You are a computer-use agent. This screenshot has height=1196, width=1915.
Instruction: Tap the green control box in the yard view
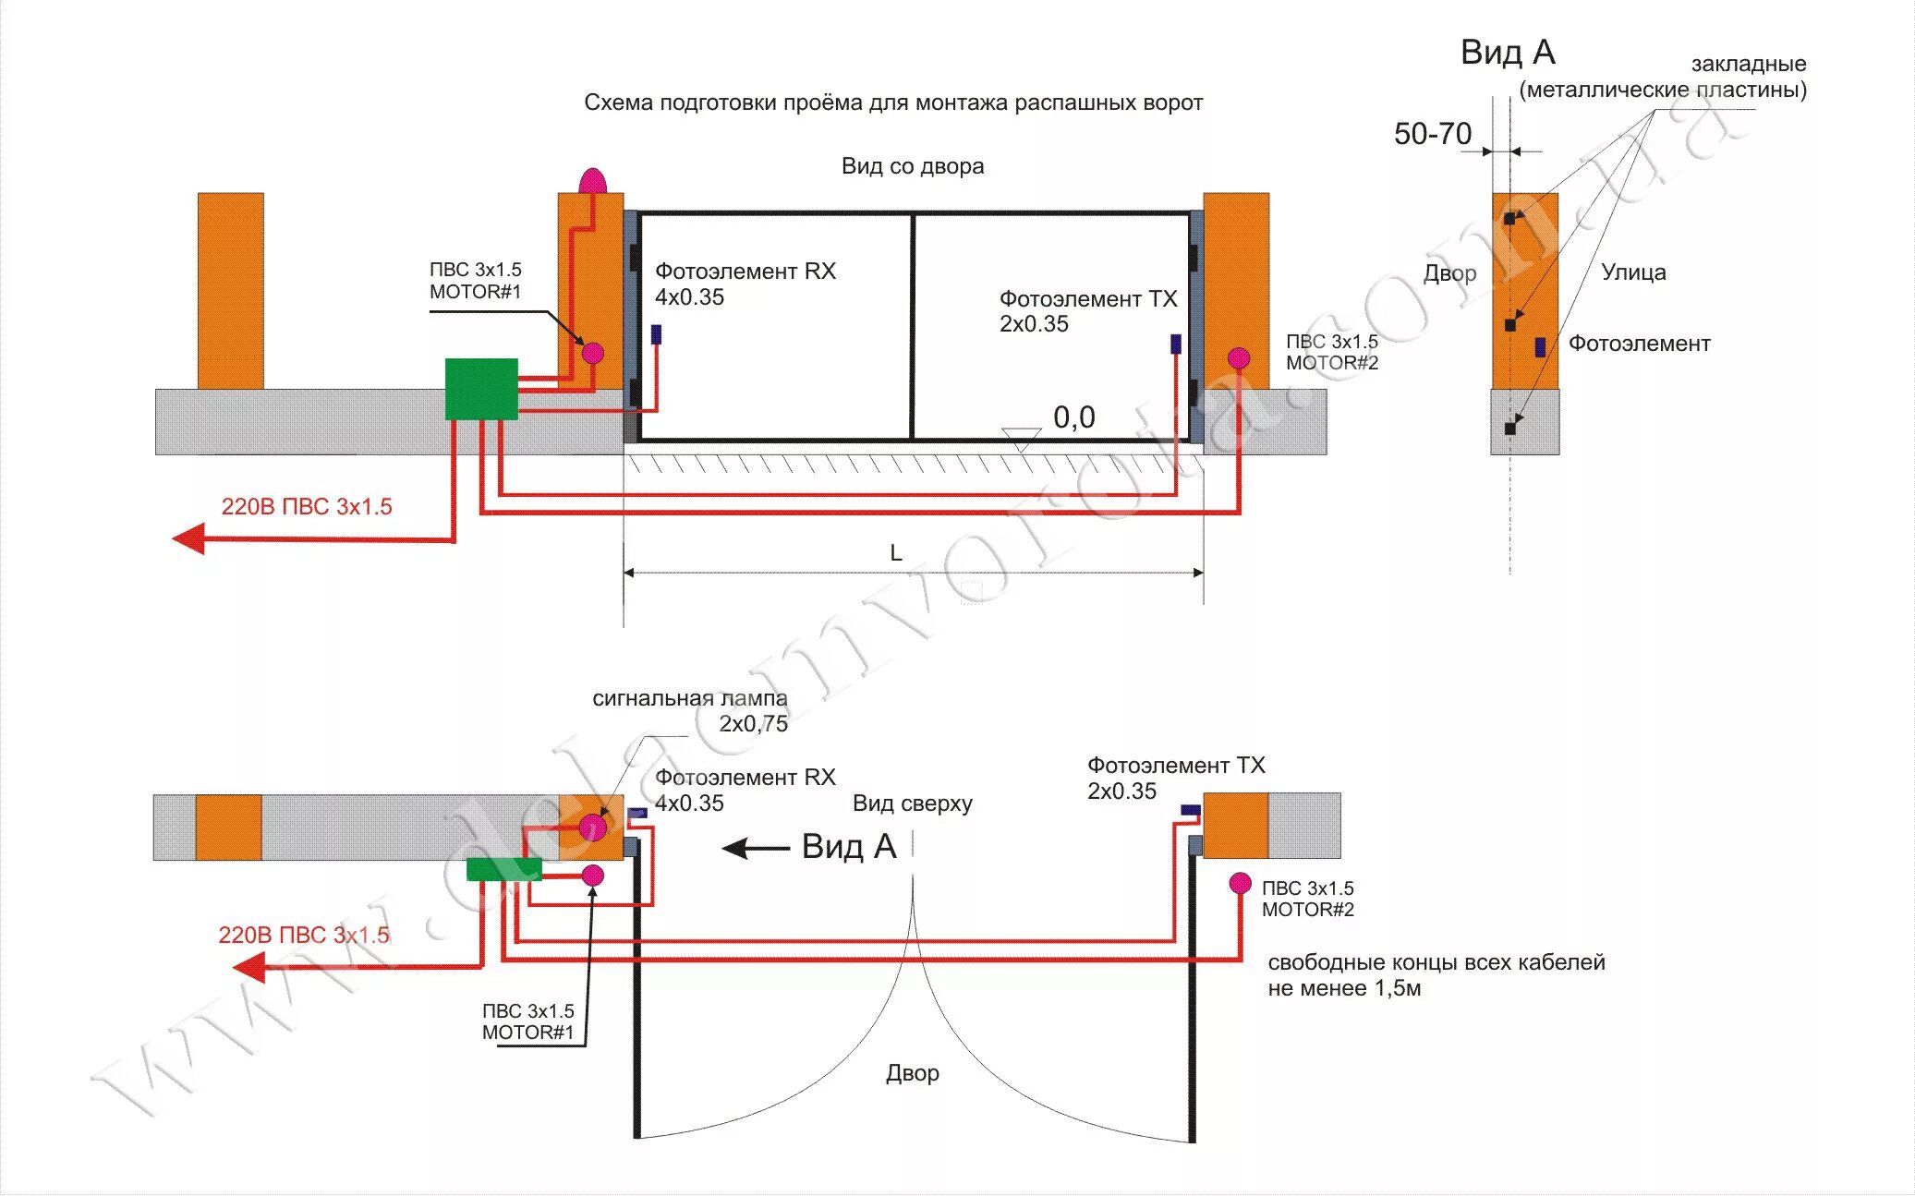pos(481,389)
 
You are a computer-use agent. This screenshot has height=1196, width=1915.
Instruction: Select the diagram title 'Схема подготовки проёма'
pos(892,103)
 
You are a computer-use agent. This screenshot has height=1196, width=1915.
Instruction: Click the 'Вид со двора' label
pos(912,166)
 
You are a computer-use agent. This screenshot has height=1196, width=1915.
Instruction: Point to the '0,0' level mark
pos(1073,417)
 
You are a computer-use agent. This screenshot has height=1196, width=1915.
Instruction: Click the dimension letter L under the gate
pos(895,552)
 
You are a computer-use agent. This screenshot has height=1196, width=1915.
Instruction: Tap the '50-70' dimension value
pos(1432,134)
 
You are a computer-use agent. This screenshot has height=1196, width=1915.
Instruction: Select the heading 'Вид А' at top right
pos(1508,53)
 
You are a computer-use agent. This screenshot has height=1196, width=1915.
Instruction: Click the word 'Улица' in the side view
pos(1633,272)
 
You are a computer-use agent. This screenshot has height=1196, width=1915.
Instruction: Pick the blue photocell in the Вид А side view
pos(1540,346)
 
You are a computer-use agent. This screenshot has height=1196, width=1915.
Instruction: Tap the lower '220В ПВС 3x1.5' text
pos(304,935)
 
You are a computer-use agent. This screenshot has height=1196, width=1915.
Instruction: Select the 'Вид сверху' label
pos(912,803)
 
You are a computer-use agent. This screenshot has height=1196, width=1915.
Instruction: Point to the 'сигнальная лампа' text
pos(689,699)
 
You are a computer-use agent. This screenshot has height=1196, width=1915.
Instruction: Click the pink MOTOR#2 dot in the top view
pos(1240,883)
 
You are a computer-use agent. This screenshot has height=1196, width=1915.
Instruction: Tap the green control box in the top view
pos(503,869)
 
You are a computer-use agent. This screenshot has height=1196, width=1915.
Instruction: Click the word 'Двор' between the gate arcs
pos(912,1073)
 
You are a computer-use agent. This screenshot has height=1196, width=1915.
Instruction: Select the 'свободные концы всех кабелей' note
pos(1436,962)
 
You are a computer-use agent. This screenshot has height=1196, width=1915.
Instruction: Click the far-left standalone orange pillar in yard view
pos(230,290)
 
